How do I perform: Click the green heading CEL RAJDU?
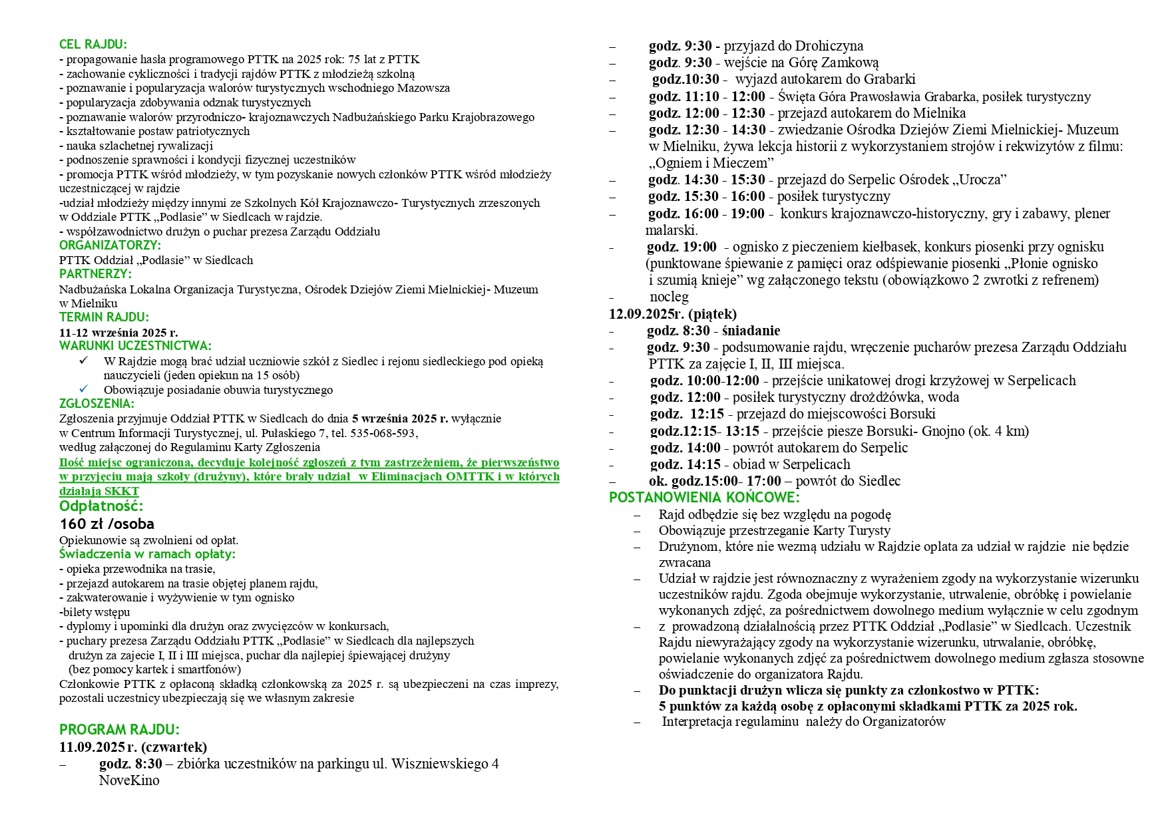[x=93, y=45]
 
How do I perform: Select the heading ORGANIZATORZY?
[x=110, y=245]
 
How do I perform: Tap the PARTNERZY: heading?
[x=95, y=273]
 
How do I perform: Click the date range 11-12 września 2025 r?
[x=118, y=332]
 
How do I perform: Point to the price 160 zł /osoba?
[x=106, y=524]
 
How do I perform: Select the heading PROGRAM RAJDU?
[x=119, y=729]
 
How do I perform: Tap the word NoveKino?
[x=129, y=780]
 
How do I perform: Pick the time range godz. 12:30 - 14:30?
[x=706, y=130]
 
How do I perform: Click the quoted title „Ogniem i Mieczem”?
[x=711, y=163]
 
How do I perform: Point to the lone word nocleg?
[x=669, y=297]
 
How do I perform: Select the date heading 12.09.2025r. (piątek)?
[x=673, y=313]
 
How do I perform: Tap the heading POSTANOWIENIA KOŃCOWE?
[x=704, y=498]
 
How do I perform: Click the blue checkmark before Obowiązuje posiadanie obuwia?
[x=83, y=389]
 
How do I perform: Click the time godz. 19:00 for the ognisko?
[x=681, y=247]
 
